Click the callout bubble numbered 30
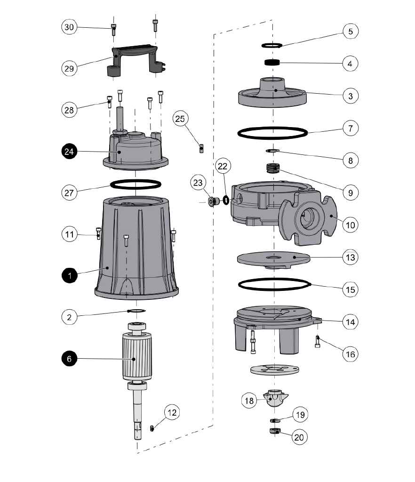(69, 27)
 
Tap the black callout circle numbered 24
(69, 151)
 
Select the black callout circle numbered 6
(70, 359)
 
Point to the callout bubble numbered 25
(180, 119)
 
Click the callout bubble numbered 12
(172, 412)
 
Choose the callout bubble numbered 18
(249, 400)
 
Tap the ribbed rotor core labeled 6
(137, 357)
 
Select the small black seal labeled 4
(272, 63)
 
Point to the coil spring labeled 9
(273, 168)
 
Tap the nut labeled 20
(275, 431)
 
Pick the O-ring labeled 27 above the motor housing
(136, 185)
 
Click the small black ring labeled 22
(226, 201)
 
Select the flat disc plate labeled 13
(274, 260)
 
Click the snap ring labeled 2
(136, 311)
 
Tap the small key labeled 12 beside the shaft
(152, 428)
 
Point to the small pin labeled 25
(201, 148)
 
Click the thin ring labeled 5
(272, 46)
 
